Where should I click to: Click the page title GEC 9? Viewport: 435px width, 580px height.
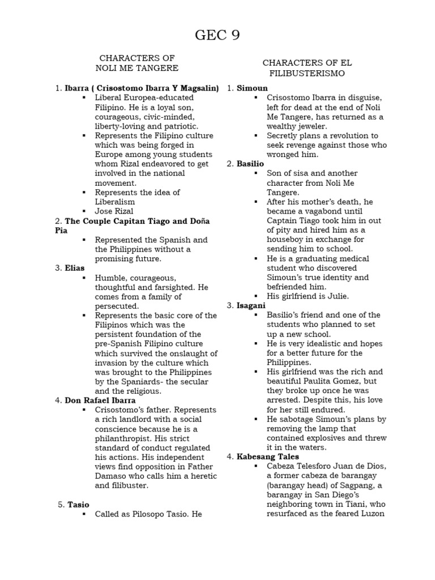(x=217, y=36)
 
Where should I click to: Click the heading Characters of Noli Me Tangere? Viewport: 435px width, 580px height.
(x=137, y=63)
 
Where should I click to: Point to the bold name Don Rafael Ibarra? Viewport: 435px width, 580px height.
(x=100, y=400)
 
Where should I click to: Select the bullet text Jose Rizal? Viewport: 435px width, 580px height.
(x=115, y=211)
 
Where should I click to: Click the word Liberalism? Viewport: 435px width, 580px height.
(x=116, y=201)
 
